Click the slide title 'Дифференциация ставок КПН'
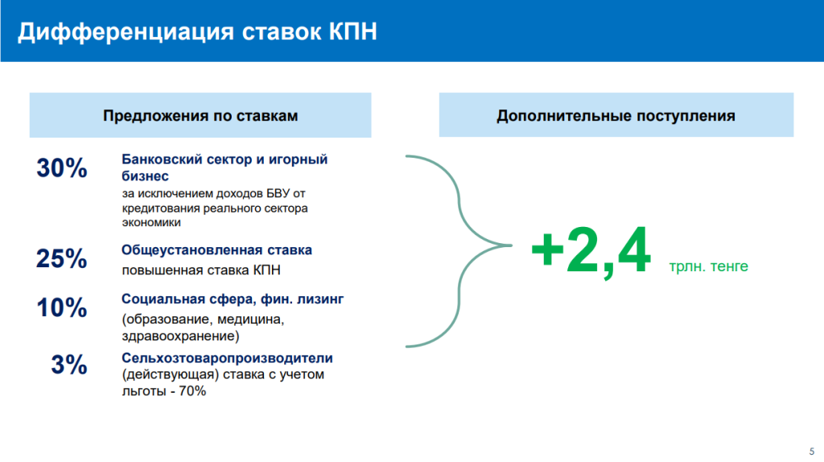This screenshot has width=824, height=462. point(198,31)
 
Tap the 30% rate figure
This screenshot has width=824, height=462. point(62,168)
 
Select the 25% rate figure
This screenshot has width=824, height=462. point(61,258)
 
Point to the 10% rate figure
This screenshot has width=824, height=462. point(62,307)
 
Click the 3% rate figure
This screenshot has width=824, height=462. point(69,365)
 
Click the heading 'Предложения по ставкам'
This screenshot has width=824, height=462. point(200,116)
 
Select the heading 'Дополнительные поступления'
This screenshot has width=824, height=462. point(616,116)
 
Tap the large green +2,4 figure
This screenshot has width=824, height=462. point(591,250)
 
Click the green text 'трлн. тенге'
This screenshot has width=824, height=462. point(708,266)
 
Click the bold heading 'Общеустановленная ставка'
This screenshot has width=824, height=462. point(216,250)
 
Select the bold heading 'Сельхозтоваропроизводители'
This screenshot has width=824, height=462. point(227,358)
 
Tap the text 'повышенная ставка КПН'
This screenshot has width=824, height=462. point(201,270)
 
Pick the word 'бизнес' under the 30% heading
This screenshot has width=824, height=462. point(145,176)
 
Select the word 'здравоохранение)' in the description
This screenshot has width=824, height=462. point(180,336)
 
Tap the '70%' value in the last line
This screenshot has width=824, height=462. point(192,391)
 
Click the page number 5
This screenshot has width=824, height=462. point(812,452)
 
